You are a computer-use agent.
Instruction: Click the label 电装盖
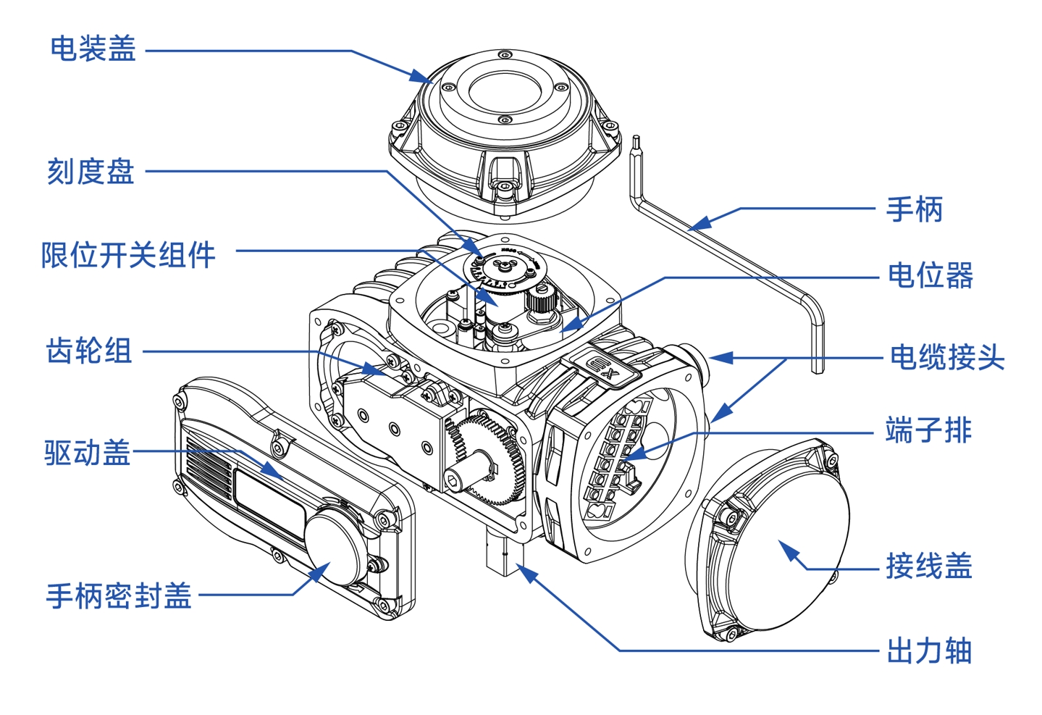[x=93, y=49]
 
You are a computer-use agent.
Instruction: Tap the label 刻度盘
[x=91, y=172]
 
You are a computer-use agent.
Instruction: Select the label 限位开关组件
[x=128, y=255]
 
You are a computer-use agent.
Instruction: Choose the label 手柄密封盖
[x=119, y=596]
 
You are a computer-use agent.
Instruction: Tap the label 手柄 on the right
[x=914, y=209]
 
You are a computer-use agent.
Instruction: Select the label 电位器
[x=930, y=276]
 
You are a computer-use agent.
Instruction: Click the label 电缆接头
[x=946, y=357]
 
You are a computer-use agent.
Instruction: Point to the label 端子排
[x=928, y=430]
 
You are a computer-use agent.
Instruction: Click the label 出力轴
[x=929, y=651]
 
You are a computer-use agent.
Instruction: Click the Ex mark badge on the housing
[x=601, y=368]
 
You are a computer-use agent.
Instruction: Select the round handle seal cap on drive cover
[x=334, y=543]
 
